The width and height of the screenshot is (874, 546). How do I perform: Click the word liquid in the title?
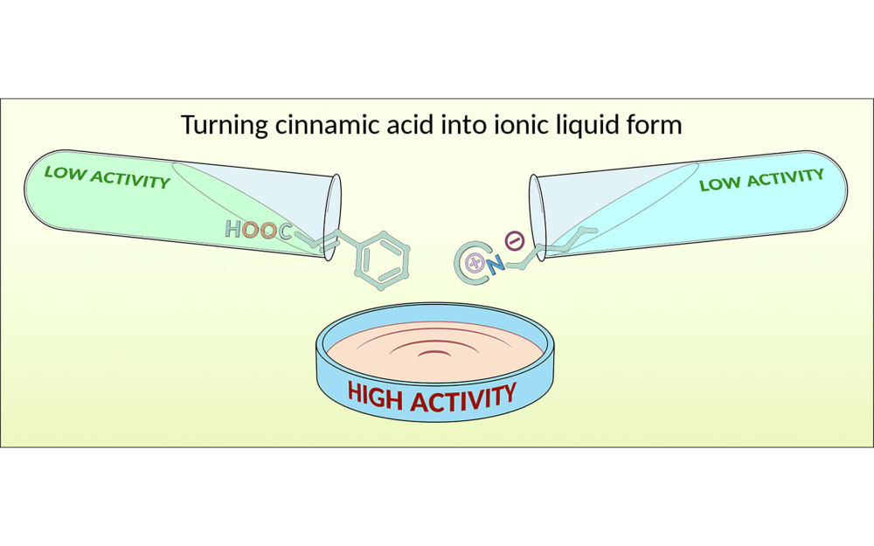[x=584, y=124]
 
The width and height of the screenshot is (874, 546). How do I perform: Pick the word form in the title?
[x=655, y=124]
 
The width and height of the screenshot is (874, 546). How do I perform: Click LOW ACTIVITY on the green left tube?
[x=107, y=177]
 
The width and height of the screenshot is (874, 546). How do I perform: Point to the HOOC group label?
[x=258, y=231]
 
